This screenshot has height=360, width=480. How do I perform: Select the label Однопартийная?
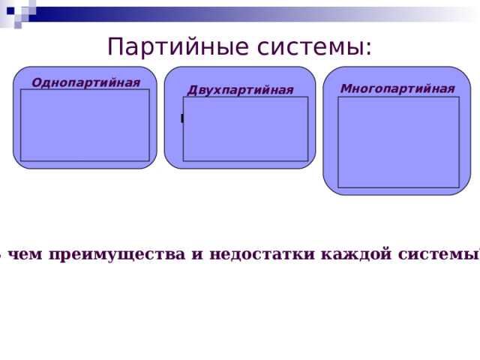[x=85, y=82]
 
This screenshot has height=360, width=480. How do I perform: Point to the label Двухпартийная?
[x=240, y=91]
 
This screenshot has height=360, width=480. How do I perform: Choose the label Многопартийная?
[x=397, y=88]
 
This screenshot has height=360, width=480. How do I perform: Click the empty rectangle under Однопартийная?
[x=85, y=124]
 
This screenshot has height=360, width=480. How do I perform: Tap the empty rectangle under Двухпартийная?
[x=245, y=128]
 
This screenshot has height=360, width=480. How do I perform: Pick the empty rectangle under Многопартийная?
[x=398, y=142]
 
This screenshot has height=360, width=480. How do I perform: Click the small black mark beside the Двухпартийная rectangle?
[x=181, y=118]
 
